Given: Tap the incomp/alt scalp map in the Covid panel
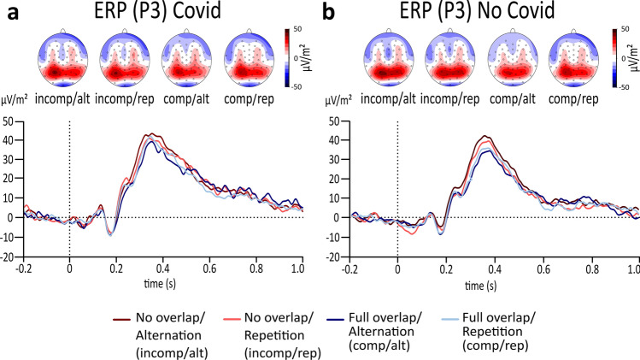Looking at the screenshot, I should pos(63,62).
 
